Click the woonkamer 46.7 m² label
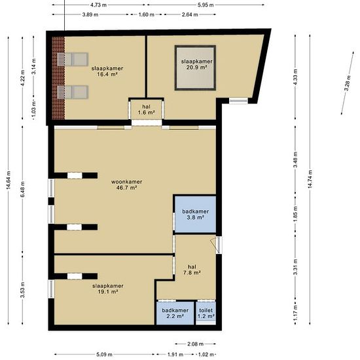click(x=126, y=185)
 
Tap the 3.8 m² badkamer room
click(x=196, y=214)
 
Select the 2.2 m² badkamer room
click(x=175, y=313)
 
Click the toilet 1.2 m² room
click(x=206, y=313)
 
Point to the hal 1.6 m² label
click(x=146, y=109)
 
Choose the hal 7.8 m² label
click(x=192, y=270)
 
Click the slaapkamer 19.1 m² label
click(x=108, y=289)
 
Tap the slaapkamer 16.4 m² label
click(x=107, y=71)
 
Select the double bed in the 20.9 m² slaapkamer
click(x=195, y=67)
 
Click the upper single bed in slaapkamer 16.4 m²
click(x=73, y=59)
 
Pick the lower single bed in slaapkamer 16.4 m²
click(x=73, y=92)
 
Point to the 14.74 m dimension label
click(x=310, y=179)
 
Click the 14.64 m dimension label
click(x=9, y=180)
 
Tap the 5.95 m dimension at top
click(x=206, y=5)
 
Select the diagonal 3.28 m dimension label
click(x=348, y=83)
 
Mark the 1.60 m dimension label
click(x=146, y=14)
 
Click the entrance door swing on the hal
click(x=215, y=245)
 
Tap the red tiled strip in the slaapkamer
click(x=58, y=78)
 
